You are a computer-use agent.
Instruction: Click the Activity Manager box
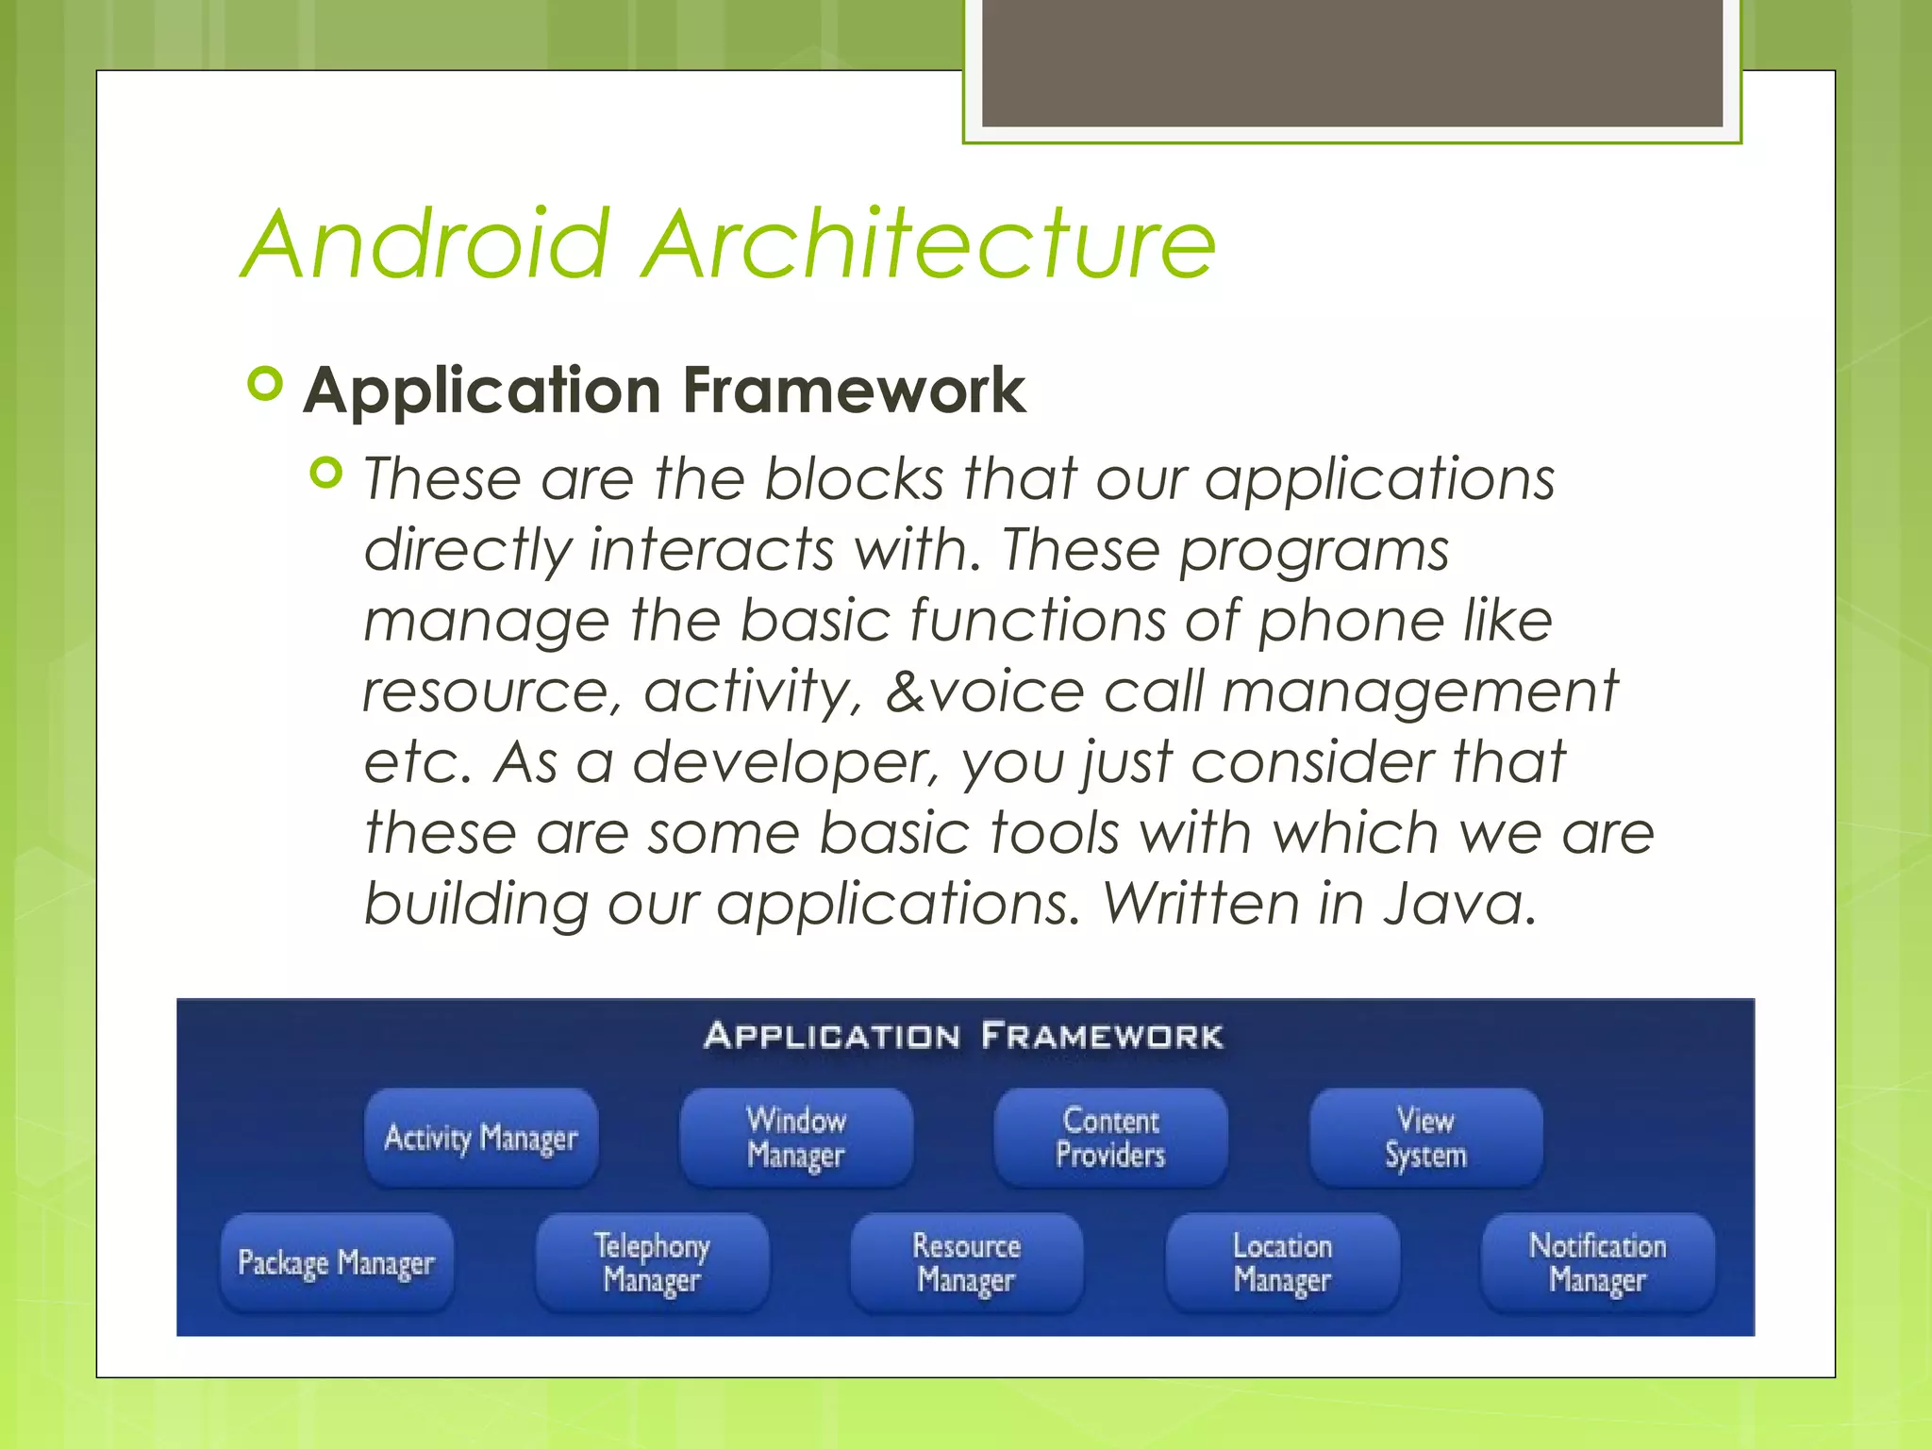pyautogui.click(x=481, y=1138)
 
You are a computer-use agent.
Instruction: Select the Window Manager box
pyautogui.click(x=796, y=1138)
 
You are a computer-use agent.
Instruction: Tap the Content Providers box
pyautogui.click(x=1110, y=1138)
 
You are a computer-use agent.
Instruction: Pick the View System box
pyautogui.click(x=1425, y=1138)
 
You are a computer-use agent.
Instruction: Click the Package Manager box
pyautogui.click(x=337, y=1262)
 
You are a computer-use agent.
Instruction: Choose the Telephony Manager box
pyautogui.click(x=652, y=1262)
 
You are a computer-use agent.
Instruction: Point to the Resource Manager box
pyautogui.click(x=967, y=1262)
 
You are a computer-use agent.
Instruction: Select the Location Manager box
pyautogui.click(x=1282, y=1262)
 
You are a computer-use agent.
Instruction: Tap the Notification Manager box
pyautogui.click(x=1597, y=1262)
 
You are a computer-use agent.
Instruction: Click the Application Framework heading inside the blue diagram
pyautogui.click(x=963, y=1036)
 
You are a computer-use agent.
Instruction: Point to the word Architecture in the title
pyautogui.click(x=929, y=244)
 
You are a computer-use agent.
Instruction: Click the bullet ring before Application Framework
pyautogui.click(x=265, y=384)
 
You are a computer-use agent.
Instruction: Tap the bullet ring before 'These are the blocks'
pyautogui.click(x=325, y=472)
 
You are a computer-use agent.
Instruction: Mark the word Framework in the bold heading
pyautogui.click(x=854, y=391)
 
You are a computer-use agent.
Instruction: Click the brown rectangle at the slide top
pyautogui.click(x=1352, y=62)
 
